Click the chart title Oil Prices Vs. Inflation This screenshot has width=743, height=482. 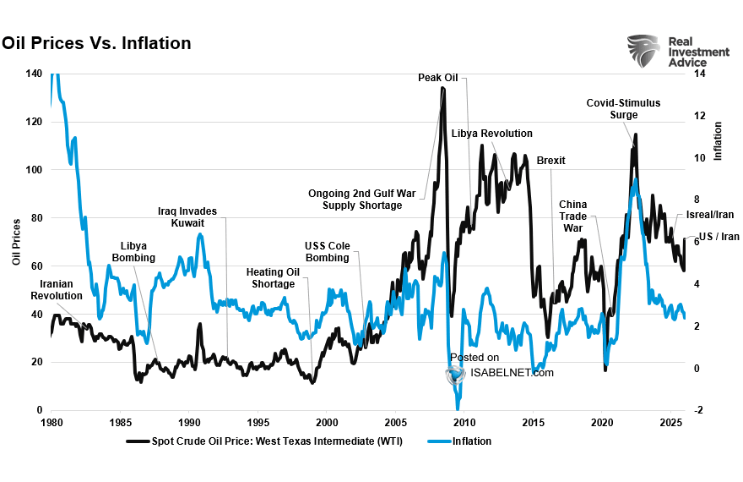click(x=95, y=43)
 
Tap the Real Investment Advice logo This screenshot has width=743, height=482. click(x=677, y=52)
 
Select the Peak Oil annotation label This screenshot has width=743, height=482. click(x=437, y=78)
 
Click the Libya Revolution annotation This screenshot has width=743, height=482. click(x=491, y=134)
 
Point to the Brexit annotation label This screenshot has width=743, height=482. click(x=550, y=161)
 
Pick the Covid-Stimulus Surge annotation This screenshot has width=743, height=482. click(x=623, y=109)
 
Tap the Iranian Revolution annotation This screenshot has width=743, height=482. click(x=57, y=290)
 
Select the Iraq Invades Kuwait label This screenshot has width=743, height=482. click(x=187, y=216)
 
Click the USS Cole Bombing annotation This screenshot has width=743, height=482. click(x=327, y=252)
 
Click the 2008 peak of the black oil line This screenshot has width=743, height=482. click(x=442, y=88)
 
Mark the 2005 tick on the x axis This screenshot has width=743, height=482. click(x=395, y=422)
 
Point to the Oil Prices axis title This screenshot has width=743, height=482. click(x=16, y=242)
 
